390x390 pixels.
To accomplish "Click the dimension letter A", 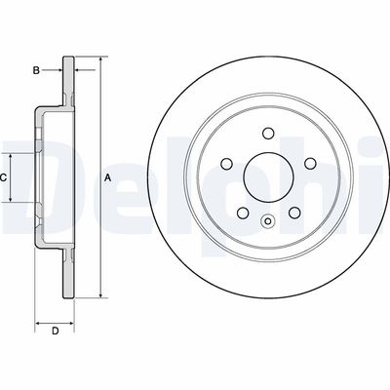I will click(x=108, y=176).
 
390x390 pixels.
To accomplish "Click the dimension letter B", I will click(x=36, y=69).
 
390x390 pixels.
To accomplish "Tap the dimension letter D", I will click(x=56, y=332).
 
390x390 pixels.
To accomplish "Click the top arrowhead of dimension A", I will click(x=98, y=61).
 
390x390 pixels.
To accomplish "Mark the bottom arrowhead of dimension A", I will click(x=98, y=294).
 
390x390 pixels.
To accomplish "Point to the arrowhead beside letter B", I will click(x=60, y=69).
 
